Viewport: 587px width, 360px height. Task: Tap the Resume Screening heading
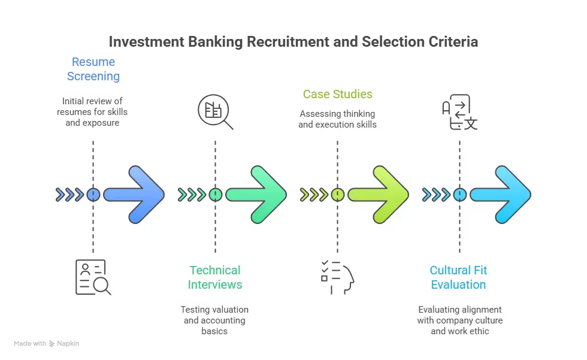pyautogui.click(x=93, y=69)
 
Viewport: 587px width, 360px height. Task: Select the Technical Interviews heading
pyautogui.click(x=214, y=277)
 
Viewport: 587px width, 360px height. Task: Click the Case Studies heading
pyautogui.click(x=337, y=94)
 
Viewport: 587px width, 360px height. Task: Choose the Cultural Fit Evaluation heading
pyautogui.click(x=459, y=277)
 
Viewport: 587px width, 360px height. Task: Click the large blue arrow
pyautogui.click(x=135, y=195)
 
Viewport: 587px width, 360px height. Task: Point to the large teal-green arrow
pyautogui.click(x=257, y=195)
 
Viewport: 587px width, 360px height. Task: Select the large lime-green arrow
pyautogui.click(x=379, y=195)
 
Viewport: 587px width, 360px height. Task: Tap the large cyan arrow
pyautogui.click(x=501, y=195)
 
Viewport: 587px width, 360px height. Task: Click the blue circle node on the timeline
pyautogui.click(x=93, y=195)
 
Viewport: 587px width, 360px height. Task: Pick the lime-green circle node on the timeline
pyautogui.click(x=337, y=195)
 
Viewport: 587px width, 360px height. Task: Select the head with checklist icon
pyautogui.click(x=337, y=277)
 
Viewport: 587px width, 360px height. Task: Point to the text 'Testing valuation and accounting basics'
pyautogui.click(x=214, y=320)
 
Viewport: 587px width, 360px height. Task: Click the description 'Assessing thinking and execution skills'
pyautogui.click(x=337, y=119)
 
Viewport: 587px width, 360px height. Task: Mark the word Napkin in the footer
pyautogui.click(x=69, y=344)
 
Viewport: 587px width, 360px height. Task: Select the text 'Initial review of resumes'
pyautogui.click(x=92, y=106)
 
